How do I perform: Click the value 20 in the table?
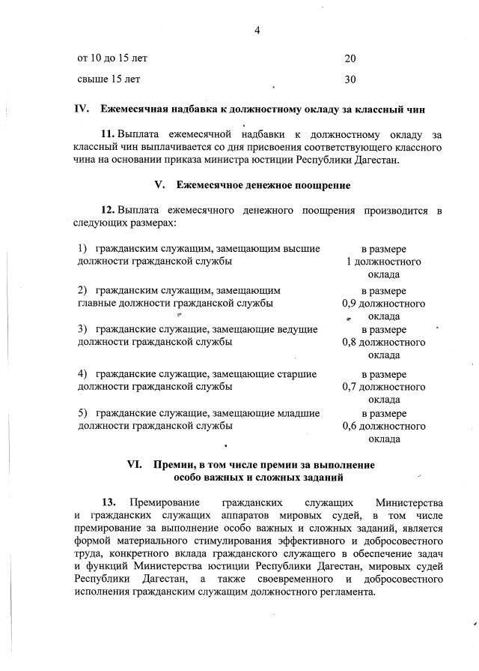(350, 58)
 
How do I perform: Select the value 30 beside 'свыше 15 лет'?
(350, 79)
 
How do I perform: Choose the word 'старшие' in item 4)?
(299, 373)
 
